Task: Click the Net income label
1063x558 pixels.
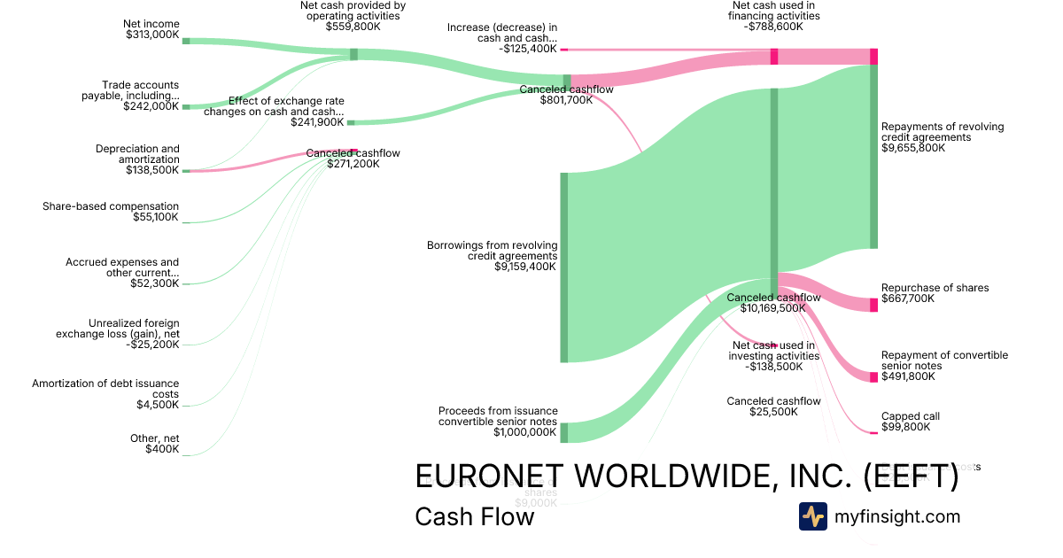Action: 152,24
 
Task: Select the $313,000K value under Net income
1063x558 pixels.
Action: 152,36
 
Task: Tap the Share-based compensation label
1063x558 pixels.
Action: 111,206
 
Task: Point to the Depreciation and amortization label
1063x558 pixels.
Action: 137,154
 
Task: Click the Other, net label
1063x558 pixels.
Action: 154,438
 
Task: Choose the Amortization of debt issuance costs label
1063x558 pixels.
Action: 105,389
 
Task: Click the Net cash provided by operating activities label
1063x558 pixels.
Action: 353,10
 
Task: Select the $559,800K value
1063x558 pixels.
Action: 353,27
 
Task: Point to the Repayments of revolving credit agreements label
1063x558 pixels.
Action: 943,132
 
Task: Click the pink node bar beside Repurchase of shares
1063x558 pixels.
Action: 873,304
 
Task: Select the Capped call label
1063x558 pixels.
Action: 910,416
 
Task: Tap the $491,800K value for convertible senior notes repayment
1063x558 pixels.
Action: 908,376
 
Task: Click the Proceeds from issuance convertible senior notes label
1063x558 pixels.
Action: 498,416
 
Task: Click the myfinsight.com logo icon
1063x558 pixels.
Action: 812,516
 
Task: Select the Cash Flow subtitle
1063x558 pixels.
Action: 474,516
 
